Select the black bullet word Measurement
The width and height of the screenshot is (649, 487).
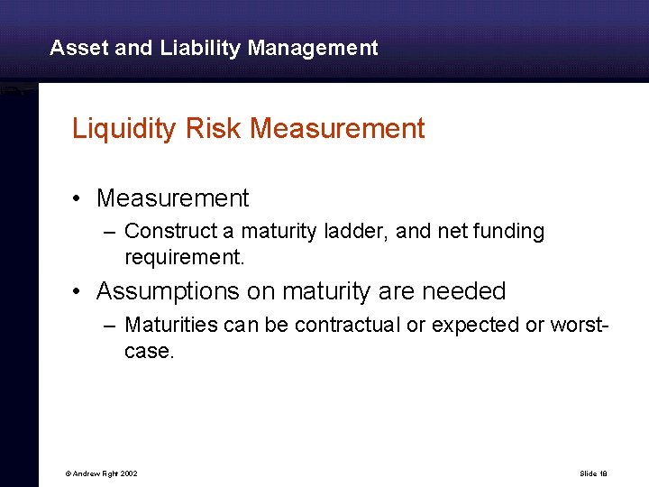pos(172,198)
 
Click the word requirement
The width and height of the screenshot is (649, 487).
pos(183,258)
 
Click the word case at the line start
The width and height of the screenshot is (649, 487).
pos(148,351)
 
